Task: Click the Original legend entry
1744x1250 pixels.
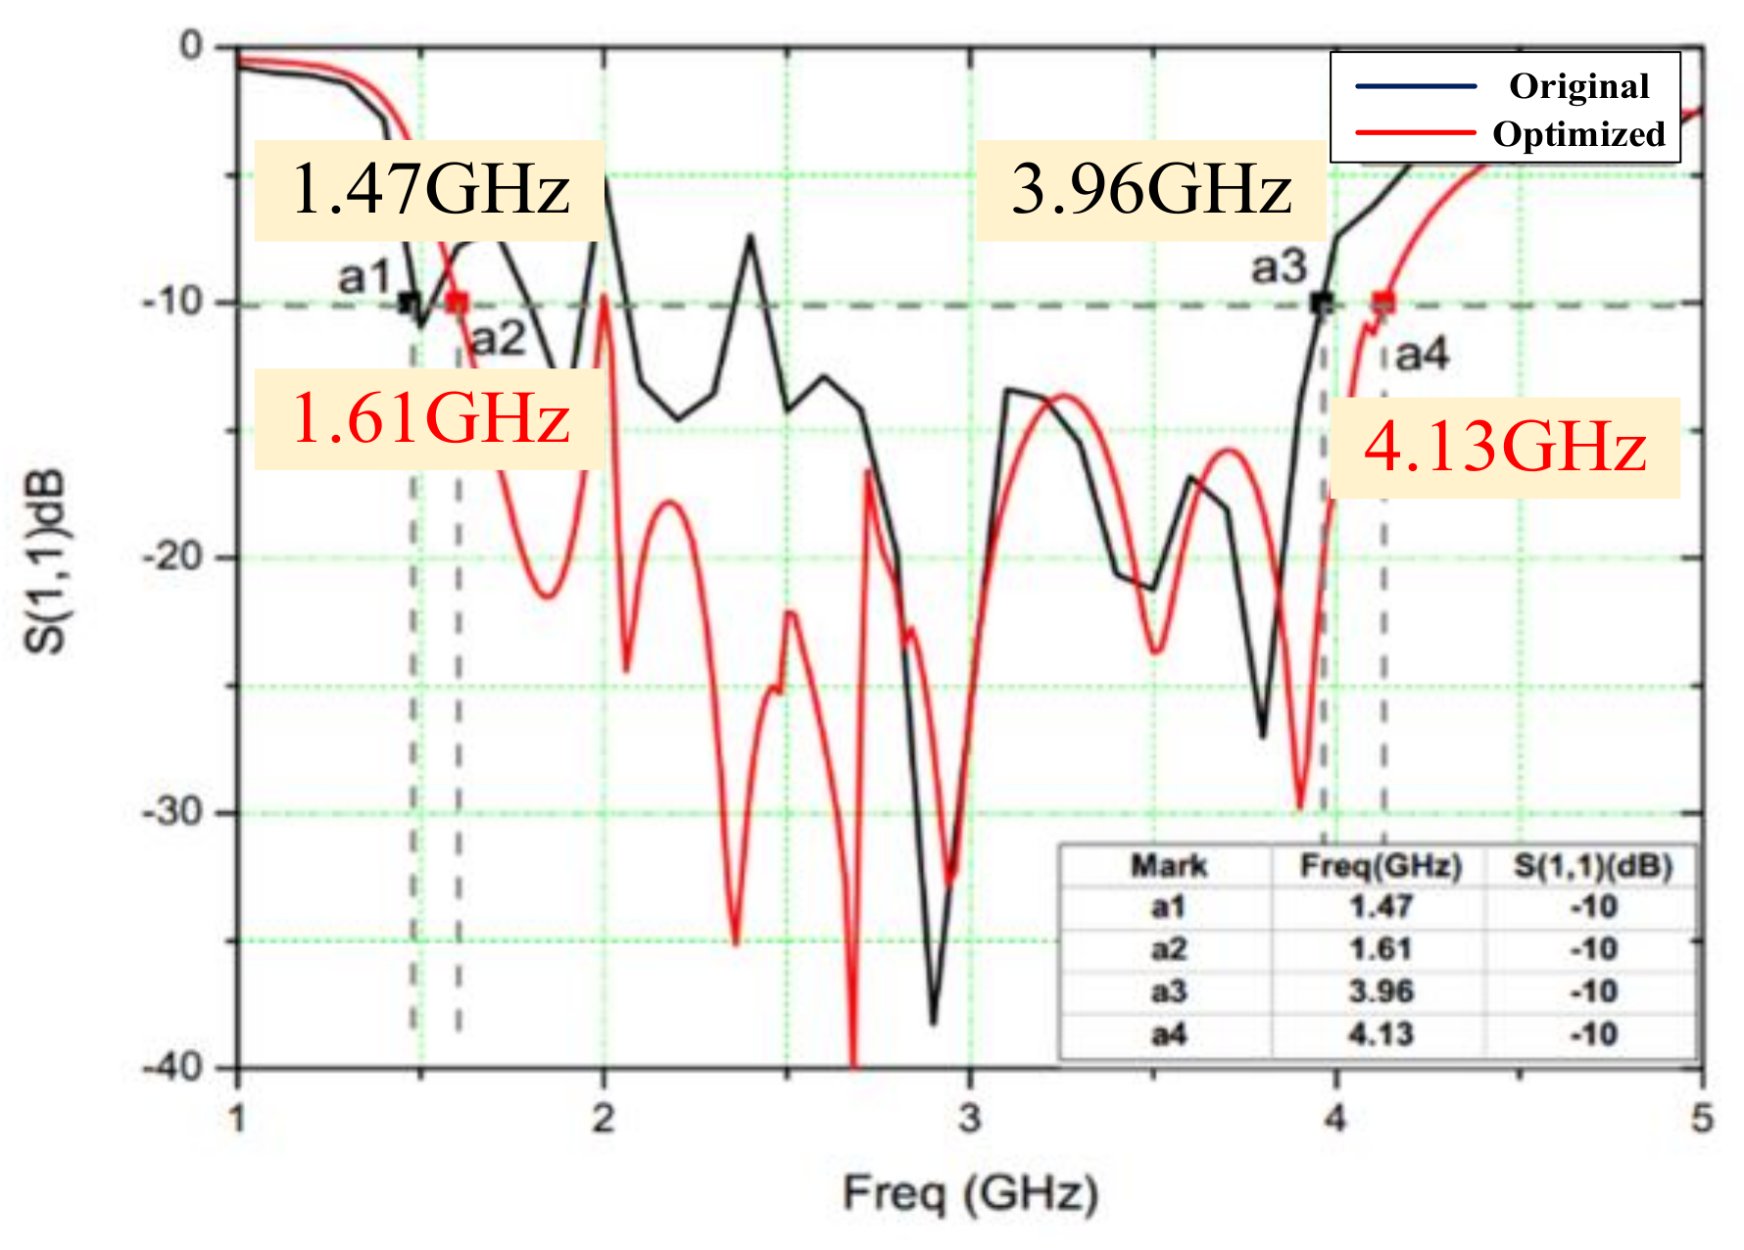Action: pos(1577,86)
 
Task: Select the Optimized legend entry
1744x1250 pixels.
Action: pos(1577,133)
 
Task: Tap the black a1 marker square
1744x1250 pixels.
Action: pos(410,303)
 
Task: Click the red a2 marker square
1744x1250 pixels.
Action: pos(457,303)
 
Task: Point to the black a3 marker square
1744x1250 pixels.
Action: pos(1322,303)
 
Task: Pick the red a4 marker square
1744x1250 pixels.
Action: pos(1382,302)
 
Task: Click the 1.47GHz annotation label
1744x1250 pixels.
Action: pos(430,189)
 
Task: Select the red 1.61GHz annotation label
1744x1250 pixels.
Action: pos(430,418)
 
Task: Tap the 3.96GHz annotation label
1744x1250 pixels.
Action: pos(1151,189)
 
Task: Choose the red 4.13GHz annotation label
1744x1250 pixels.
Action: pos(1505,448)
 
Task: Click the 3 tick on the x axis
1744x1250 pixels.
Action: pos(970,1118)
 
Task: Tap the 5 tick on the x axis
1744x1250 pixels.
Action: pos(1702,1118)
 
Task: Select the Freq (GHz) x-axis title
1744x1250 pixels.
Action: pos(971,1194)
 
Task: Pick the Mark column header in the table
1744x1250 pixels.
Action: pos(1169,866)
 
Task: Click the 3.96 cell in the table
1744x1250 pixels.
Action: pos(1381,991)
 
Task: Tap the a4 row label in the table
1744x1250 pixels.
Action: pos(1169,1034)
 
